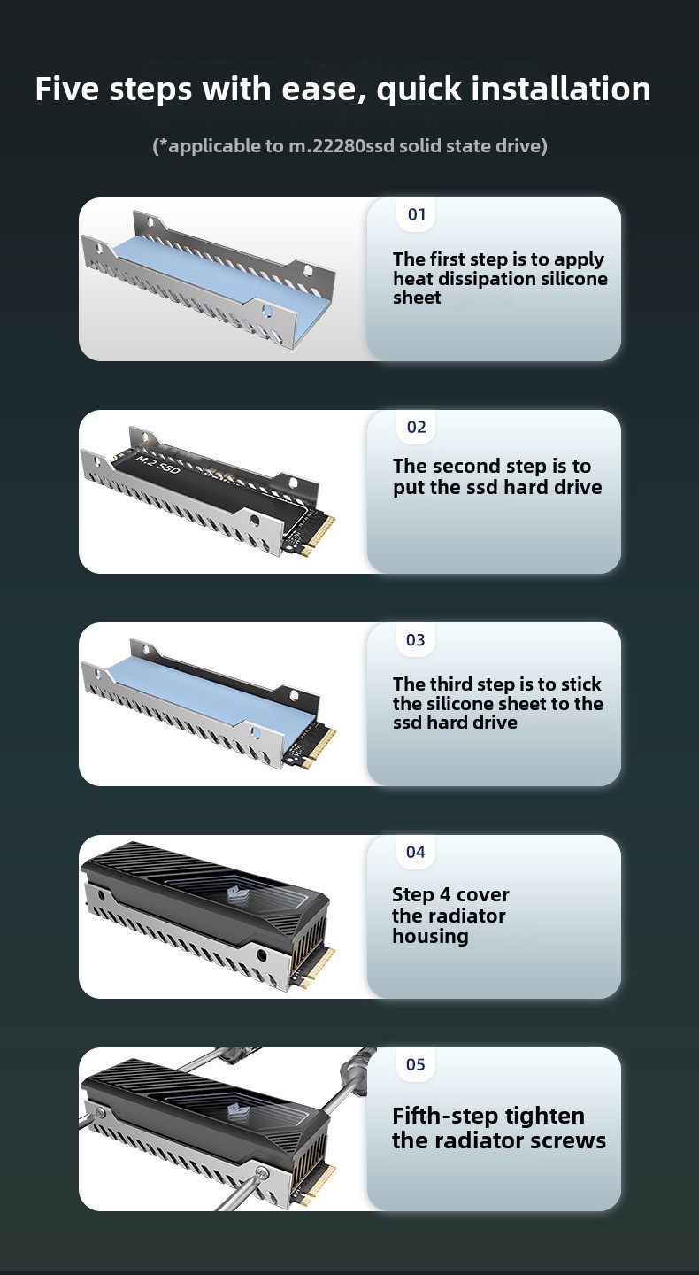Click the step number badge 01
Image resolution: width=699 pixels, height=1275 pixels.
(x=416, y=214)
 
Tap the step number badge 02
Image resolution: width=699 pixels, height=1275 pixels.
(x=416, y=427)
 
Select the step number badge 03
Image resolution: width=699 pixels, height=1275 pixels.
(x=416, y=639)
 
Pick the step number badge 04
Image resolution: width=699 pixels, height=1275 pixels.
(x=416, y=852)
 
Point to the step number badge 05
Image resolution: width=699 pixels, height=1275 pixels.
(x=416, y=1064)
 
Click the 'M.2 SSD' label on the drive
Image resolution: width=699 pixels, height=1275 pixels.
(x=158, y=464)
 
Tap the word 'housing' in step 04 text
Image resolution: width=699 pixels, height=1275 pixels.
(x=430, y=936)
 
